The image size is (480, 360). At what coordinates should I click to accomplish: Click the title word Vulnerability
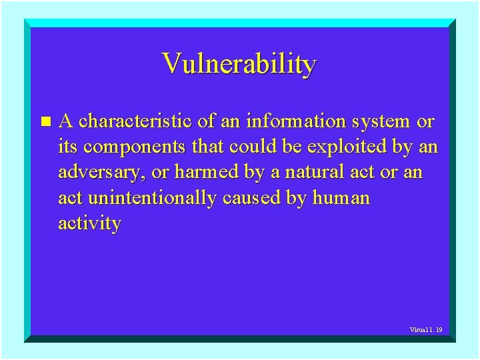coord(239,64)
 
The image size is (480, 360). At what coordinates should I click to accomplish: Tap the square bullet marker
coord(45,122)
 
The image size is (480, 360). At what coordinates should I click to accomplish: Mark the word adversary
coord(101,173)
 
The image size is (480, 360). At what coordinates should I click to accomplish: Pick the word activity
coord(89,223)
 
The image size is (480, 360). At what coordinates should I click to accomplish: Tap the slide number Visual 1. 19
coord(426,329)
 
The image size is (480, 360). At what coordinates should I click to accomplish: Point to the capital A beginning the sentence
coord(67,122)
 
